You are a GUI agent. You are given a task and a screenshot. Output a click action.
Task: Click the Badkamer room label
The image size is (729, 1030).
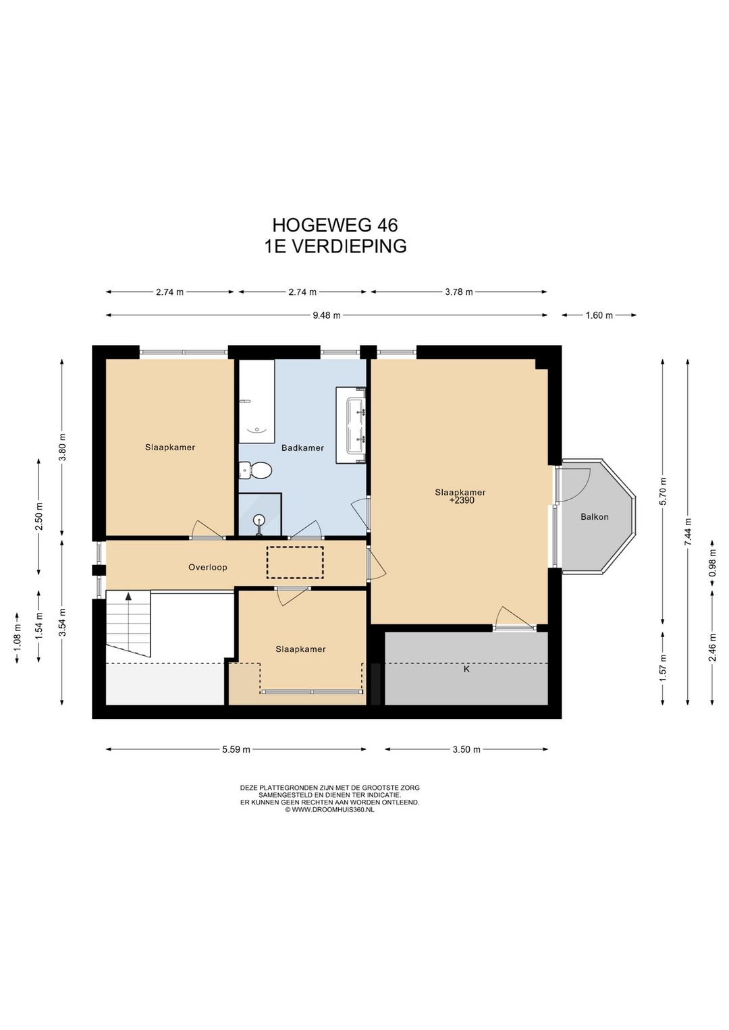pos(302,448)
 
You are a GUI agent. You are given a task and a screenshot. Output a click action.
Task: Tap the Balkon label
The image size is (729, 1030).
pos(594,517)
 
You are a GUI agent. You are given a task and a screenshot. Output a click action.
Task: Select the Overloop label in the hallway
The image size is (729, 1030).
pos(207,567)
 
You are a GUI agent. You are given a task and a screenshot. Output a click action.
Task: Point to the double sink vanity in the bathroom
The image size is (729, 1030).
pos(350,425)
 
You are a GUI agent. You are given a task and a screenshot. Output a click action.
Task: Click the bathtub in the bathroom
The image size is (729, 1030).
pos(256,402)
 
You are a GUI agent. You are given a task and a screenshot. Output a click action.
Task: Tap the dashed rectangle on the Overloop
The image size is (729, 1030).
pos(295,562)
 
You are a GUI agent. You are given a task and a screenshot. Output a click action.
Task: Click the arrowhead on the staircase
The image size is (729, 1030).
pos(128,597)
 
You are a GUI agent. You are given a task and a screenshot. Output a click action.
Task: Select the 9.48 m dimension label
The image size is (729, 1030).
pos(327,315)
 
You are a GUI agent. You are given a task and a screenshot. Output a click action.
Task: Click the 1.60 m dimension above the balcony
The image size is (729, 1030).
pos(599,315)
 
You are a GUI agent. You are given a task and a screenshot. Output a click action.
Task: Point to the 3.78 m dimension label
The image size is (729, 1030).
pos(459,292)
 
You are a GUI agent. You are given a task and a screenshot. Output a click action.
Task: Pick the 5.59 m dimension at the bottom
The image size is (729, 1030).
pos(236,749)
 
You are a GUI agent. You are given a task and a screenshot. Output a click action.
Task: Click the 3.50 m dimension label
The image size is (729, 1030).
pos(466,749)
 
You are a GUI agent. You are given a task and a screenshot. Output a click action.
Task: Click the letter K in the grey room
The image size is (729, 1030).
pos(466,669)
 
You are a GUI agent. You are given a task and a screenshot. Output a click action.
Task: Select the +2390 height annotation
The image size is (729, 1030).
pos(461,500)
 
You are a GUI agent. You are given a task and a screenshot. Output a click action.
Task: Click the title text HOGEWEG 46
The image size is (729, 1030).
pos(335,225)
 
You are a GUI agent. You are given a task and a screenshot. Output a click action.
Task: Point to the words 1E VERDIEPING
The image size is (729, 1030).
pos(335,246)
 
